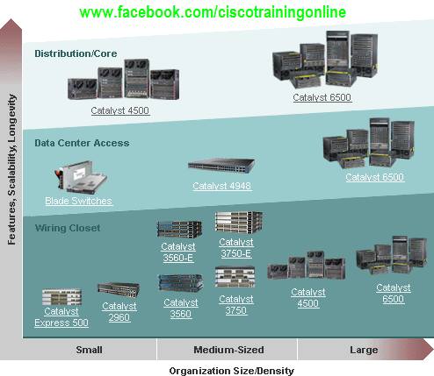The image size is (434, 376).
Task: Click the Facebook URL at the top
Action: tap(213, 12)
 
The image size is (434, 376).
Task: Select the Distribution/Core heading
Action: tap(76, 53)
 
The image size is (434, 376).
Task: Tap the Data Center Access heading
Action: tap(82, 143)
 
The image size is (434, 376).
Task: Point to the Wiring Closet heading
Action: tap(68, 228)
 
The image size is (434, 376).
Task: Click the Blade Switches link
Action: tap(78, 201)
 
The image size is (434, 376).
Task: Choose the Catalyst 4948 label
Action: tap(222, 186)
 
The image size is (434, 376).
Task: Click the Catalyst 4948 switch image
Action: tap(221, 166)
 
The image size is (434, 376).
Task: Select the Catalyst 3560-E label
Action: tap(178, 252)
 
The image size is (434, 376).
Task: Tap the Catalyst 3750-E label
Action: tap(236, 248)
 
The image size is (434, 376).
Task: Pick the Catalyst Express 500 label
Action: tap(61, 317)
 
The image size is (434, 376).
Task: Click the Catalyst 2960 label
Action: tap(119, 312)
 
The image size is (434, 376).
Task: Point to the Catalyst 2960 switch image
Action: tap(119, 290)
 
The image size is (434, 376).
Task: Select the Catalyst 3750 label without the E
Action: tap(236, 305)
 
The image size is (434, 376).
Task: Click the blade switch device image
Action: tap(81, 177)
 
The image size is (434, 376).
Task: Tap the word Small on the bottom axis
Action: tap(89, 350)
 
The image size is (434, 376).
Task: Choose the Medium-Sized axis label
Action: tap(228, 350)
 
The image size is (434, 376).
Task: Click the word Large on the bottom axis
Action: tap(364, 350)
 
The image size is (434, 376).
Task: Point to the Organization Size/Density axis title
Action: tap(232, 371)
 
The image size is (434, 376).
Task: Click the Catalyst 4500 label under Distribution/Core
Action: tap(120, 110)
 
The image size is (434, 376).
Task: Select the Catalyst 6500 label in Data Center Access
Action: tap(375, 177)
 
